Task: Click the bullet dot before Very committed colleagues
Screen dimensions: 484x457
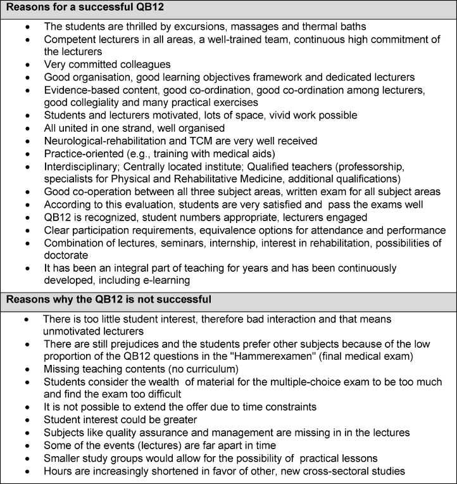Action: pos(26,65)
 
